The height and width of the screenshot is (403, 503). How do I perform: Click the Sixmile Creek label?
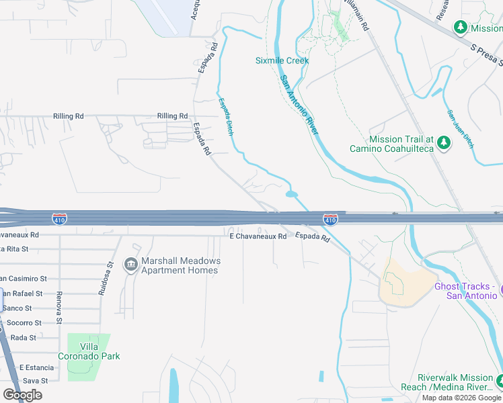282,60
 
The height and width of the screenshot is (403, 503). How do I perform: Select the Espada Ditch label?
225,117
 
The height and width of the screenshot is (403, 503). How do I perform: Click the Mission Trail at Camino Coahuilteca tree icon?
443,143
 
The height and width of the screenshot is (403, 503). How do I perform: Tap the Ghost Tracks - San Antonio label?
465,291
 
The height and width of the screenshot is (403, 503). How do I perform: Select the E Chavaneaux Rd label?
258,236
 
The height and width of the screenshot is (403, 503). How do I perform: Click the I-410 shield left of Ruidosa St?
60,219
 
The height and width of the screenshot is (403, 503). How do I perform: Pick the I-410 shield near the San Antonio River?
330,219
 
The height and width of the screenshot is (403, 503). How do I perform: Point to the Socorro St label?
24,322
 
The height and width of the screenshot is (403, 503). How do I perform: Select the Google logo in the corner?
22,395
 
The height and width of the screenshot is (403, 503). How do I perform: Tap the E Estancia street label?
36,367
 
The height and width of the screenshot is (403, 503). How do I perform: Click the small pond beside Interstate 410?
291,195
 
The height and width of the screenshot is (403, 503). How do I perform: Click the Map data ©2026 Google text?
461,398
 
